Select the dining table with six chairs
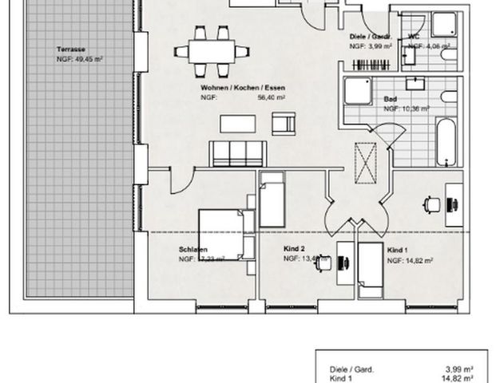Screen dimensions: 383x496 click(x=212, y=50)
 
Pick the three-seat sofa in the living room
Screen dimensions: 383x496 click(x=236, y=152)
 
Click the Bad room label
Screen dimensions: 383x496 click(x=390, y=99)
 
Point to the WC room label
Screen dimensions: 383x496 click(x=414, y=37)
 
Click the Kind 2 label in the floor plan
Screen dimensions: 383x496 click(x=295, y=248)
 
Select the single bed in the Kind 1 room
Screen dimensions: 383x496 click(x=370, y=268)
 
